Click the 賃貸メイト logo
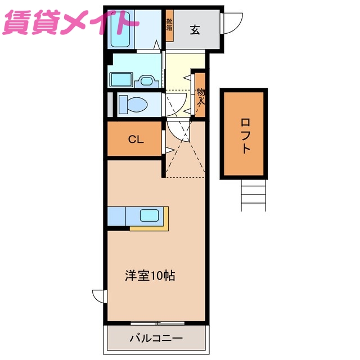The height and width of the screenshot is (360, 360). coord(70,23)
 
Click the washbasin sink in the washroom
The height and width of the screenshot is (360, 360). coord(147,80)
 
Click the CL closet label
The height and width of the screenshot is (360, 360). coord(136,139)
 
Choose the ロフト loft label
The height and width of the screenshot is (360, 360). coord(245,134)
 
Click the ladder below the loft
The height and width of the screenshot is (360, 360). coord(253,195)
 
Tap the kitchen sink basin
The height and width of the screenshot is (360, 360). coord(148,215)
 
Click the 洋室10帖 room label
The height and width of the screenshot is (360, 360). coord(150,276)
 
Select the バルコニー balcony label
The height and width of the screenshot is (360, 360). coord(156,339)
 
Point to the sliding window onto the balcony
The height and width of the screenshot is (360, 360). coord(157,323)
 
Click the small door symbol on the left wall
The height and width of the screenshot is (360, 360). coord(100,296)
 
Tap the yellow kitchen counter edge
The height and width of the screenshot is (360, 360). coord(150,229)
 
